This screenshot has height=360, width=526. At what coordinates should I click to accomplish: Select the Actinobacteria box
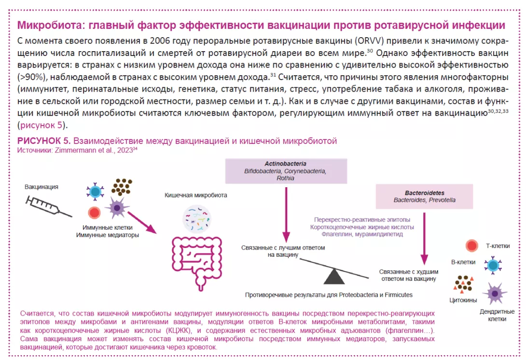tap(286, 171)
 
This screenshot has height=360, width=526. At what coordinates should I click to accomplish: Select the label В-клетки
tap(463, 262)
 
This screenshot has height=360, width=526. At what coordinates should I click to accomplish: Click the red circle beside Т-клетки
tap(472, 246)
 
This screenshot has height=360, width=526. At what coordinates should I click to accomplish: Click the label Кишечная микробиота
tap(196, 195)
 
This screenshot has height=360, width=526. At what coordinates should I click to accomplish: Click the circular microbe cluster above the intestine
tap(196, 218)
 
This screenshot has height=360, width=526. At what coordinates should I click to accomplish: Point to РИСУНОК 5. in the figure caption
tap(44, 140)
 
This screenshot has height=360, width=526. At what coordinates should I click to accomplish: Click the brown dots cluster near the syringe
tap(122, 188)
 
